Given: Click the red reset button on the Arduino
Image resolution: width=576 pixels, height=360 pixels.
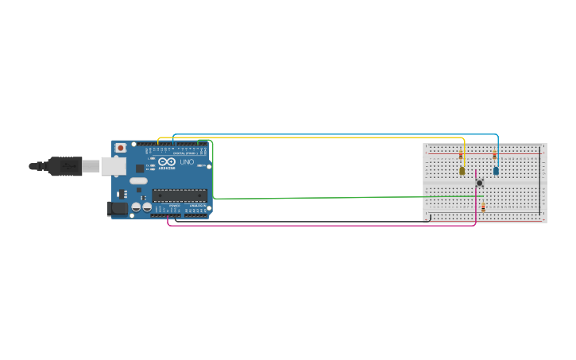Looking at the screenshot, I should pyautogui.click(x=121, y=147).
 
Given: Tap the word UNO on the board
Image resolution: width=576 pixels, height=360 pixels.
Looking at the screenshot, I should pyautogui.click(x=187, y=162).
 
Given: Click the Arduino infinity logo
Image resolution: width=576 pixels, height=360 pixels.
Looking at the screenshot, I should pyautogui.click(x=167, y=161).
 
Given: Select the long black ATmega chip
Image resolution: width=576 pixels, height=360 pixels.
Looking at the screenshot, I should pyautogui.click(x=180, y=195).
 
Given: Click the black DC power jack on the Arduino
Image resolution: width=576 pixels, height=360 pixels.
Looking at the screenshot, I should pyautogui.click(x=117, y=209).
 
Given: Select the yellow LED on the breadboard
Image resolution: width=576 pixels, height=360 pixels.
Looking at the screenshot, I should pyautogui.click(x=462, y=170).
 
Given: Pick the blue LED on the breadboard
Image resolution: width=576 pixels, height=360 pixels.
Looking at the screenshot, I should pyautogui.click(x=496, y=170).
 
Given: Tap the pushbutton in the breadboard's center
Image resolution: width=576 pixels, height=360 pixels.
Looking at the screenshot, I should pyautogui.click(x=479, y=184).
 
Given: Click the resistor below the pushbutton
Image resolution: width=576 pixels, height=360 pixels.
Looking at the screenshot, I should pyautogui.click(x=483, y=207).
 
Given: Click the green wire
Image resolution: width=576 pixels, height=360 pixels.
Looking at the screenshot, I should pyautogui.click(x=318, y=197).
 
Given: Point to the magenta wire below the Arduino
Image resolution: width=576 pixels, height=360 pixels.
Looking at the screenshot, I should pyautogui.click(x=318, y=226).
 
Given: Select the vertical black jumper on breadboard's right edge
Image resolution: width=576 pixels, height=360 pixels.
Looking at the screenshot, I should pyautogui.click(x=540, y=183).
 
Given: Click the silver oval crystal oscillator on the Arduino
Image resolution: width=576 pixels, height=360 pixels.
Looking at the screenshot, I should pyautogui.click(x=139, y=180).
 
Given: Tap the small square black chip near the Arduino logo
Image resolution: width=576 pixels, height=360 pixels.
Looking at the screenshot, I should pyautogui.click(x=140, y=168).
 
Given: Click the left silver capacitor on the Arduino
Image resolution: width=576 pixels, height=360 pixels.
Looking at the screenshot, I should pyautogui.click(x=136, y=207).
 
